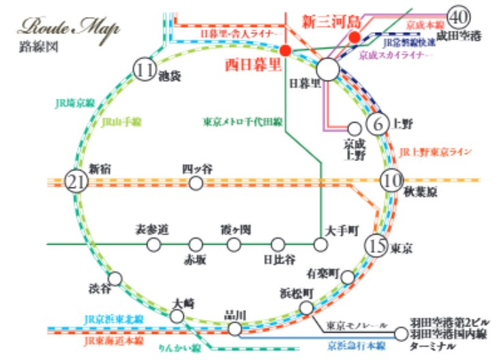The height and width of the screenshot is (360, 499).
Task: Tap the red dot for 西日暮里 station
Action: coord(286,50)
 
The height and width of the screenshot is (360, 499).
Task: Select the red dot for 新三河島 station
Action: coord(354,37)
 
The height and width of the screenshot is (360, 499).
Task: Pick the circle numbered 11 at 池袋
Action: coord(145,70)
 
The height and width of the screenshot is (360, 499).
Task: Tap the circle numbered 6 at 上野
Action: coord(376,124)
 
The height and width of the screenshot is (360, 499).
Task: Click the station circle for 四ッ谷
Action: coord(196,183)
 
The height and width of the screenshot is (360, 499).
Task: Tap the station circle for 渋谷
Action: coord(115,279)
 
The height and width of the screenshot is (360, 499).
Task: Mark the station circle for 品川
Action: coord(235,329)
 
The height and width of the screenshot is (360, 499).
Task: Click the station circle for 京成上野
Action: coord(354,128)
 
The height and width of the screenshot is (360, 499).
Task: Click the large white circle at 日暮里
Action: coord(328,69)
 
